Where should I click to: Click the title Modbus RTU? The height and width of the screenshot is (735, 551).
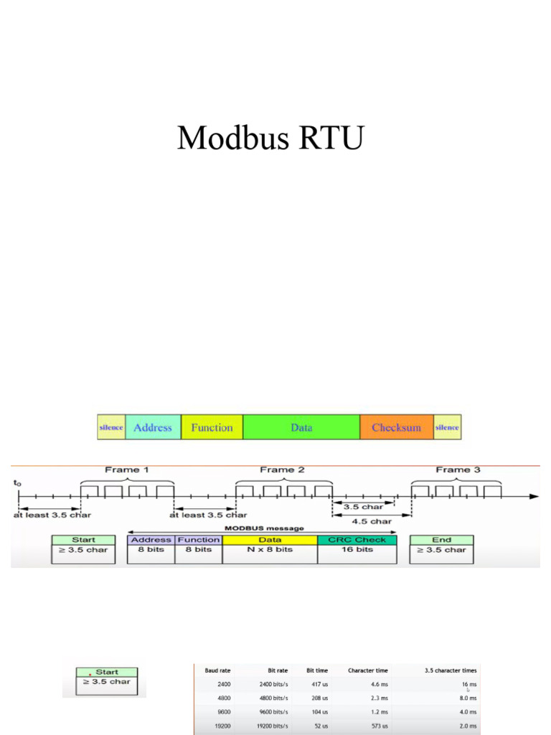pyautogui.click(x=270, y=137)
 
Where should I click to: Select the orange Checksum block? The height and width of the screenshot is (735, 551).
pyautogui.click(x=396, y=427)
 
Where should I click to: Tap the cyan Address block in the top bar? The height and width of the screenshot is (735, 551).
pyautogui.click(x=153, y=427)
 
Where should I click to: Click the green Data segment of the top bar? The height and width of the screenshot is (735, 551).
pyautogui.click(x=301, y=427)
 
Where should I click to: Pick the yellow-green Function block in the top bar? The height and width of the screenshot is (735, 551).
pyautogui.click(x=212, y=427)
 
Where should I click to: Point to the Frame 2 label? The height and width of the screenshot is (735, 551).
pyautogui.click(x=282, y=470)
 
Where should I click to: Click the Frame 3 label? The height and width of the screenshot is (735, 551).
pyautogui.click(x=458, y=470)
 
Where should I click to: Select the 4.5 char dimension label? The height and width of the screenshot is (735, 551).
pyautogui.click(x=371, y=521)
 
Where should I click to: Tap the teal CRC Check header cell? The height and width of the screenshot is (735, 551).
pyautogui.click(x=357, y=540)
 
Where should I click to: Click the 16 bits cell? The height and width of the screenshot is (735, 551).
pyautogui.click(x=357, y=550)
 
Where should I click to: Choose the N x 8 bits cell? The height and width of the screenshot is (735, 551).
pyautogui.click(x=269, y=550)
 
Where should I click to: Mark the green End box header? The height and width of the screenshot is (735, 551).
pyautogui.click(x=441, y=540)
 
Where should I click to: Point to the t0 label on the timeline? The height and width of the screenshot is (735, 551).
pyautogui.click(x=17, y=483)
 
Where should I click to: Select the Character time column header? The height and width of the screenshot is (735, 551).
pyautogui.click(x=367, y=670)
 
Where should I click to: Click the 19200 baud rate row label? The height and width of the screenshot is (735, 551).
pyautogui.click(x=223, y=725)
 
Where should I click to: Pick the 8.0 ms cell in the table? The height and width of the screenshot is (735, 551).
pyautogui.click(x=467, y=698)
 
